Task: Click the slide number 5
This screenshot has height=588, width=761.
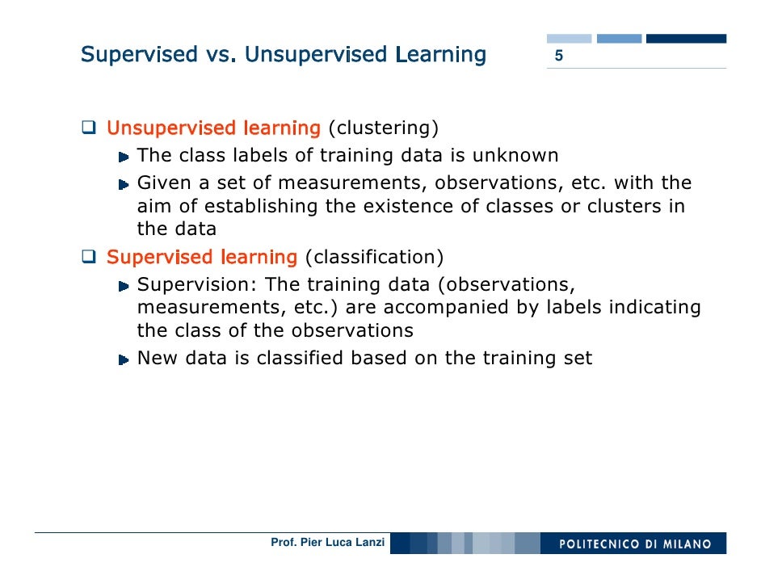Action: click(557, 57)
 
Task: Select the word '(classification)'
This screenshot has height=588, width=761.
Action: click(374, 258)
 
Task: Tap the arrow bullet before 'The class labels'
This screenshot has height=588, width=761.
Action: click(123, 156)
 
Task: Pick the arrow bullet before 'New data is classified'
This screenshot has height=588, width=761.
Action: click(123, 359)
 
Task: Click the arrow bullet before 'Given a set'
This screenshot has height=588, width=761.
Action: click(123, 183)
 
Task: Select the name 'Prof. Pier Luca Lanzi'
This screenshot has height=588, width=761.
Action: click(327, 543)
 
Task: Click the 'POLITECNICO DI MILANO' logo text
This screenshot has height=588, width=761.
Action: click(636, 544)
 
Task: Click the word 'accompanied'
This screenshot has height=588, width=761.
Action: click(442, 308)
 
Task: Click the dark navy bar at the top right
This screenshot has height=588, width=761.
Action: click(686, 38)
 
